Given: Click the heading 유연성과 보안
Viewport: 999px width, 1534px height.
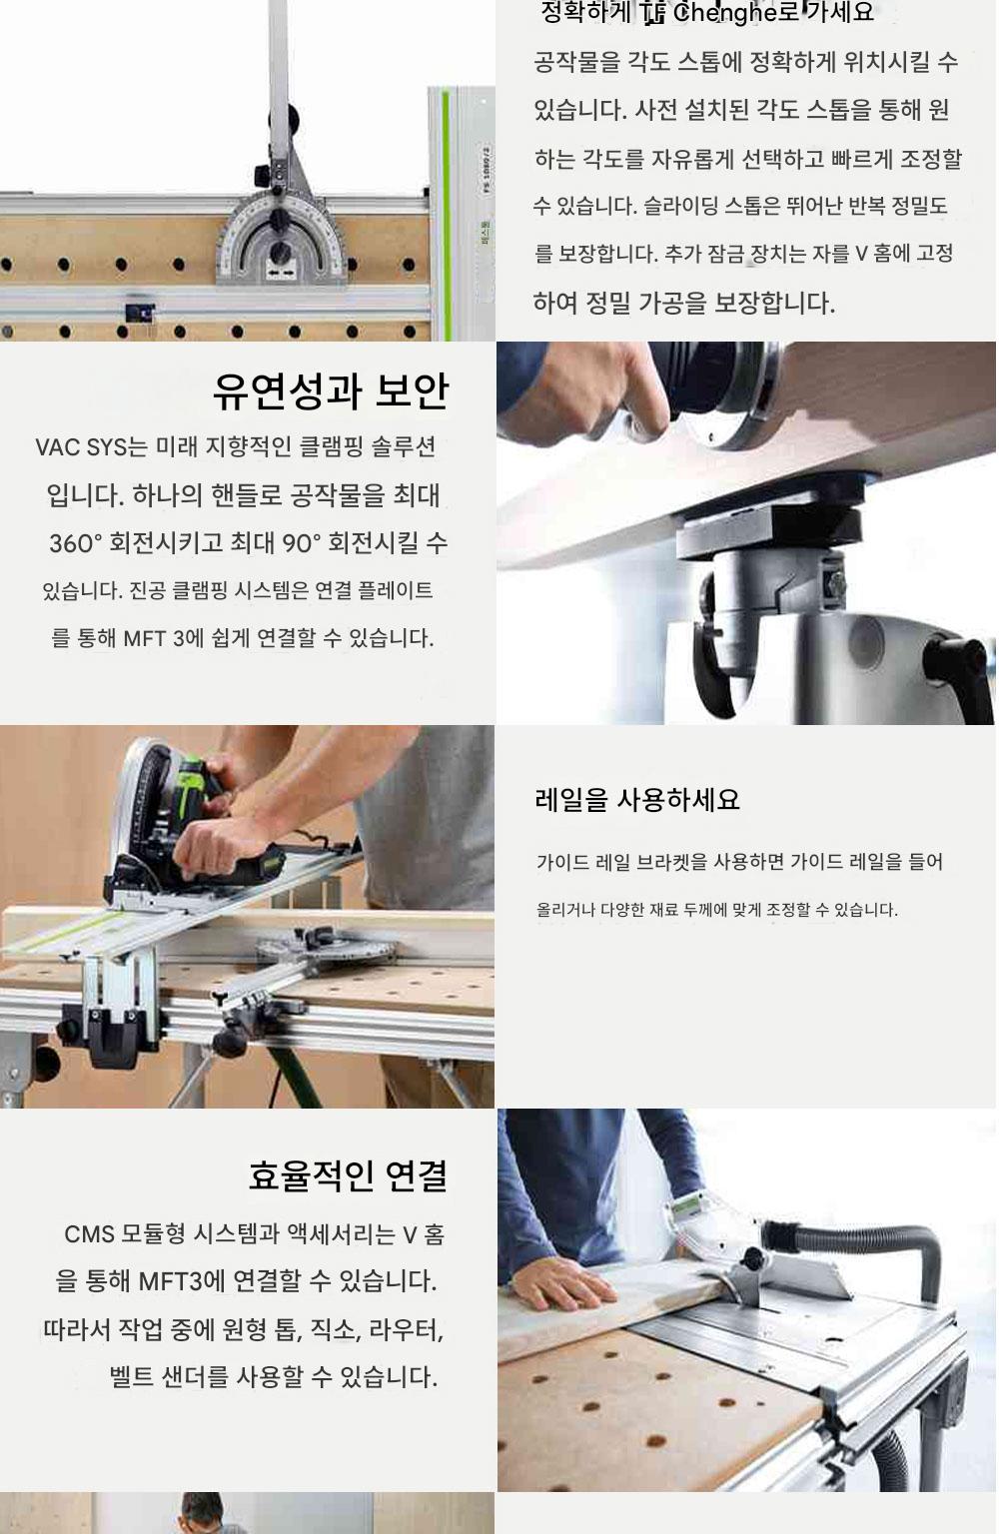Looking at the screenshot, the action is click(x=331, y=391).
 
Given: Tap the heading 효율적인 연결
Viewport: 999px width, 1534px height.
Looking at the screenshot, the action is click(x=348, y=1175).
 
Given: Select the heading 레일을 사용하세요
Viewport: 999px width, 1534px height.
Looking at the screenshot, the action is click(x=637, y=799).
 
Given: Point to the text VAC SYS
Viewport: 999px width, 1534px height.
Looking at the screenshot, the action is click(x=81, y=447).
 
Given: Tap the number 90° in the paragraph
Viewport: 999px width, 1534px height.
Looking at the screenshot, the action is click(x=302, y=543).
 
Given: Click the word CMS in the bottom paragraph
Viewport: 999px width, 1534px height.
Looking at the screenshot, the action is click(x=89, y=1234).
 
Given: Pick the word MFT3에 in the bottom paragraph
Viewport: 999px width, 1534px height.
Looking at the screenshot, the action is click(x=181, y=1281).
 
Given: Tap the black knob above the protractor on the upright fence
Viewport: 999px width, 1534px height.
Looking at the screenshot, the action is click(x=289, y=118).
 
